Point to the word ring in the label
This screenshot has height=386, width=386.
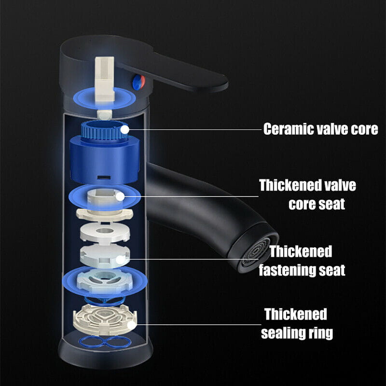point(318,333)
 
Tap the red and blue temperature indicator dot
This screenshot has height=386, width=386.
point(139,82)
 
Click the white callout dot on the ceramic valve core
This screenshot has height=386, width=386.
point(125,129)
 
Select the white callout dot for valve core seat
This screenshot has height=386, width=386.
point(120,196)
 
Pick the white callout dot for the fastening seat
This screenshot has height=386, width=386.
point(120,260)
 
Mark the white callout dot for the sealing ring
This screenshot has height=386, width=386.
point(132,325)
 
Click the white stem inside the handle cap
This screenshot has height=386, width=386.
point(105,79)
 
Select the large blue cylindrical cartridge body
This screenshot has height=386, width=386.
point(105,161)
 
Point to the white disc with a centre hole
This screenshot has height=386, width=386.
point(105,232)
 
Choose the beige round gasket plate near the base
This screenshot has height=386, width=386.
point(105,319)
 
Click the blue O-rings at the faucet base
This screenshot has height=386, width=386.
point(105,342)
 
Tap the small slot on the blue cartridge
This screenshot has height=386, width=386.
point(104,177)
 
